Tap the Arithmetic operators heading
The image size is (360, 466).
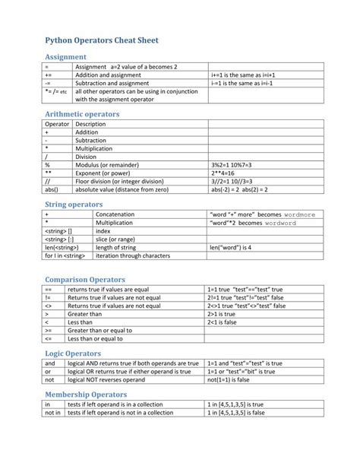click(82, 113)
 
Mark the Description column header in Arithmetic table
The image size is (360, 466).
click(90, 123)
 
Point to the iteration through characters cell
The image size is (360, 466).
click(122, 255)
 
